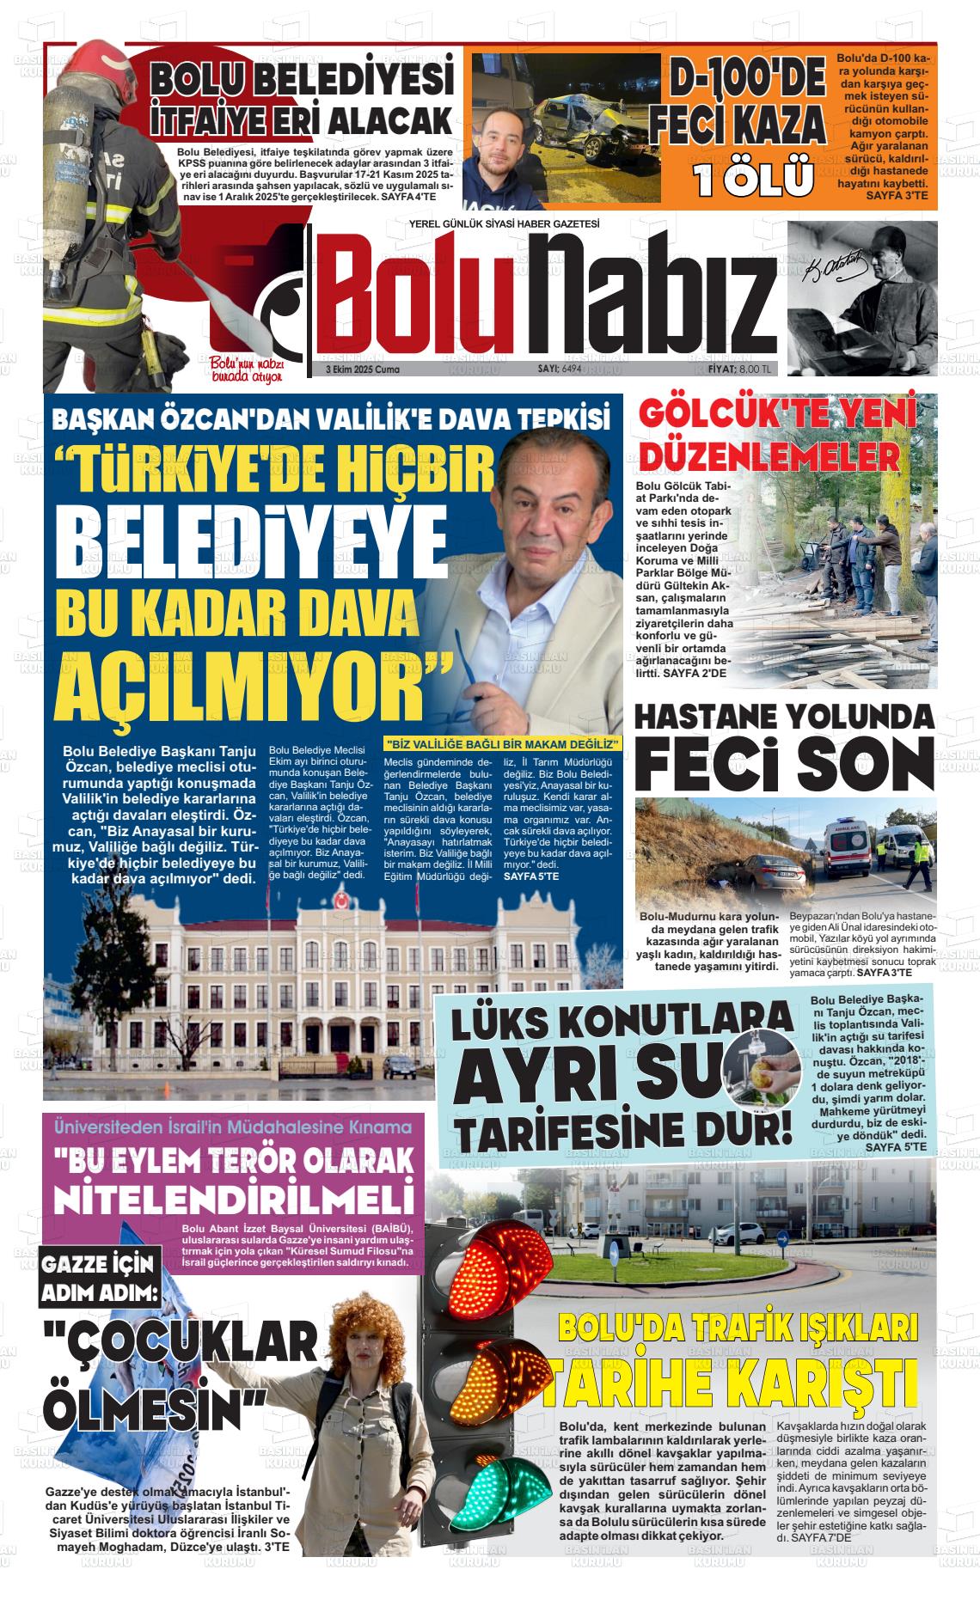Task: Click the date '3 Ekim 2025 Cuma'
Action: click(363, 369)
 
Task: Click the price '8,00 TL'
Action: click(756, 369)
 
